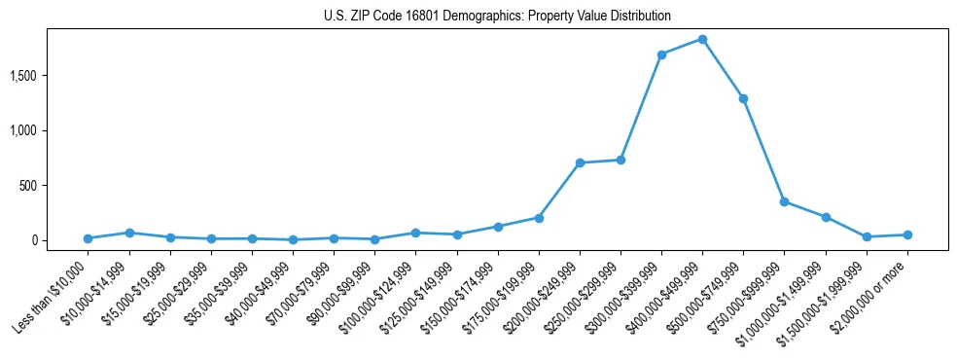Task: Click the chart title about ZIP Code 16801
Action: [x=497, y=17]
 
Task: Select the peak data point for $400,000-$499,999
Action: [x=702, y=39]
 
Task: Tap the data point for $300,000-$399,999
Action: [x=661, y=54]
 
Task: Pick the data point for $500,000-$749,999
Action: [x=743, y=98]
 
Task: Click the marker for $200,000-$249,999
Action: [x=580, y=162]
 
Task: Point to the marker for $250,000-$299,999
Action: [x=620, y=160]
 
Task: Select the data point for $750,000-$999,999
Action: [x=784, y=201]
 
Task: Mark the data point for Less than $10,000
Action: [x=88, y=238]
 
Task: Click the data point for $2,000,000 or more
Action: [x=907, y=234]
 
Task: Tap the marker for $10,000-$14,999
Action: [x=128, y=233]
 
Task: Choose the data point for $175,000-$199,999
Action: [x=539, y=218]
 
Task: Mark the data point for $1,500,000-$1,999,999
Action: [x=867, y=236]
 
